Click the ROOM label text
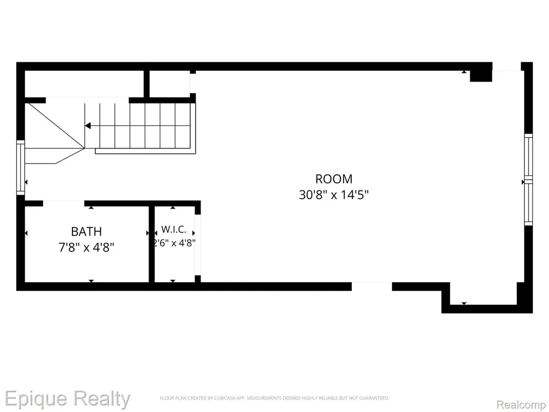coord(333,179)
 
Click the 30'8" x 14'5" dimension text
coord(333,194)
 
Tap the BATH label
coord(86,232)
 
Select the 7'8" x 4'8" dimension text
coord(86,248)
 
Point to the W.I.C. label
coord(174,230)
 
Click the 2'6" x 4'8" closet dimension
coord(174,243)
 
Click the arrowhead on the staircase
coord(88,126)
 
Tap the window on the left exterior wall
coord(21,167)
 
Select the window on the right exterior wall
coord(528,179)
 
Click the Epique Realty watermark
coord(67,399)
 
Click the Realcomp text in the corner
coord(521,404)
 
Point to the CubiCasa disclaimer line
coord(274,398)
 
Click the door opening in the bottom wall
coord(372,286)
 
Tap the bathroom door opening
coord(64,203)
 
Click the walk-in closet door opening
coord(198,245)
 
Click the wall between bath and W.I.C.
coord(152,244)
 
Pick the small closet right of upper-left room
coord(170,84)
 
